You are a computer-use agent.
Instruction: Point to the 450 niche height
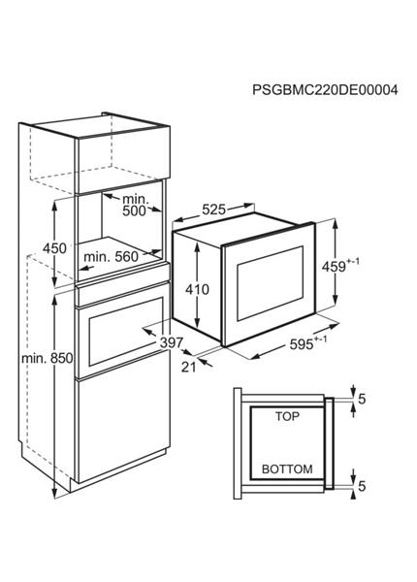[x=55, y=248]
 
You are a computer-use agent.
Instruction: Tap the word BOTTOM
[x=287, y=469]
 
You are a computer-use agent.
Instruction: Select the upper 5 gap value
[x=362, y=399]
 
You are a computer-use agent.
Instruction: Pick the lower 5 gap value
[x=362, y=486]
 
